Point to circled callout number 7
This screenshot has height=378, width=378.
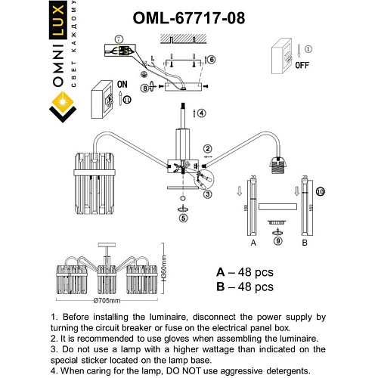[x=118, y=38]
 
